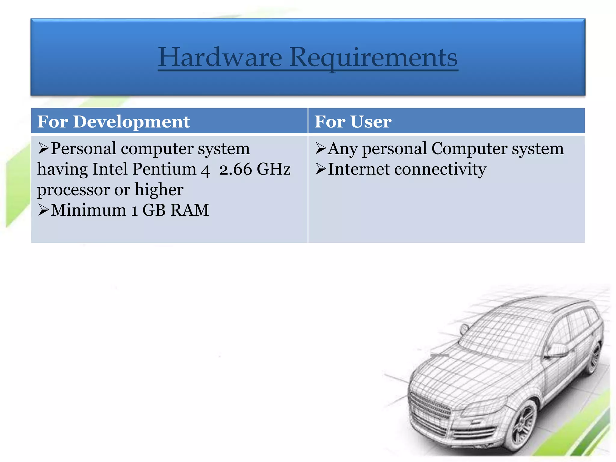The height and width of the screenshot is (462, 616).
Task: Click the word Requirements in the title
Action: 374,58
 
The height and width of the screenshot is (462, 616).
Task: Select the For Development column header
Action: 113,122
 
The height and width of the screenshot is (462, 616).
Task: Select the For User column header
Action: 353,122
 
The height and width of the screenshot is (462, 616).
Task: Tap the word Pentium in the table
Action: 164,169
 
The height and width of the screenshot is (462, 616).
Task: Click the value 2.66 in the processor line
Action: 235,169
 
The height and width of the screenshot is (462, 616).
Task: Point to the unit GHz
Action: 274,169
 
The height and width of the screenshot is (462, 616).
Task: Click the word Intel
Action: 110,169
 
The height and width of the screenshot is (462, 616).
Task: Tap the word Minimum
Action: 88,210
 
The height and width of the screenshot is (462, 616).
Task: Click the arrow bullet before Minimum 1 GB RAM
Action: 43,210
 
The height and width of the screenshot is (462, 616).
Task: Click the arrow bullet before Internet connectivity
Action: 321,169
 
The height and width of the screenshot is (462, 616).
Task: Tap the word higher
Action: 159,190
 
